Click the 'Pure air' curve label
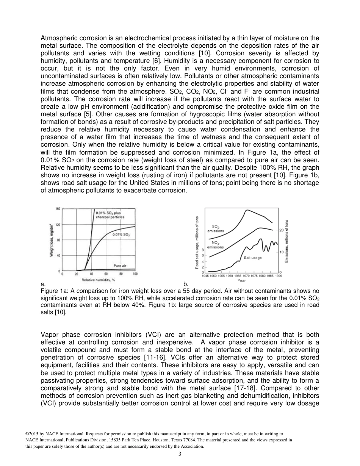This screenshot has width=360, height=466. click(120, 266)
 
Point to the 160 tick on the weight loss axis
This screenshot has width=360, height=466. click(58, 209)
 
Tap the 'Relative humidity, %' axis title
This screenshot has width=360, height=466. click(99, 280)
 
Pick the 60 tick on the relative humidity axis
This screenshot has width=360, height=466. click(106, 274)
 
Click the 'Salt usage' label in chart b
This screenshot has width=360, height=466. click(252, 258)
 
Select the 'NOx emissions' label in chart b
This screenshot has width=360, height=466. click(215, 245)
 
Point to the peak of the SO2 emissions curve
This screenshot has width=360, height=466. click(247, 210)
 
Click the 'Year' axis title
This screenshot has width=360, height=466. click(241, 281)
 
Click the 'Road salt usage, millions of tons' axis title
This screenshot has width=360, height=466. click(197, 242)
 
